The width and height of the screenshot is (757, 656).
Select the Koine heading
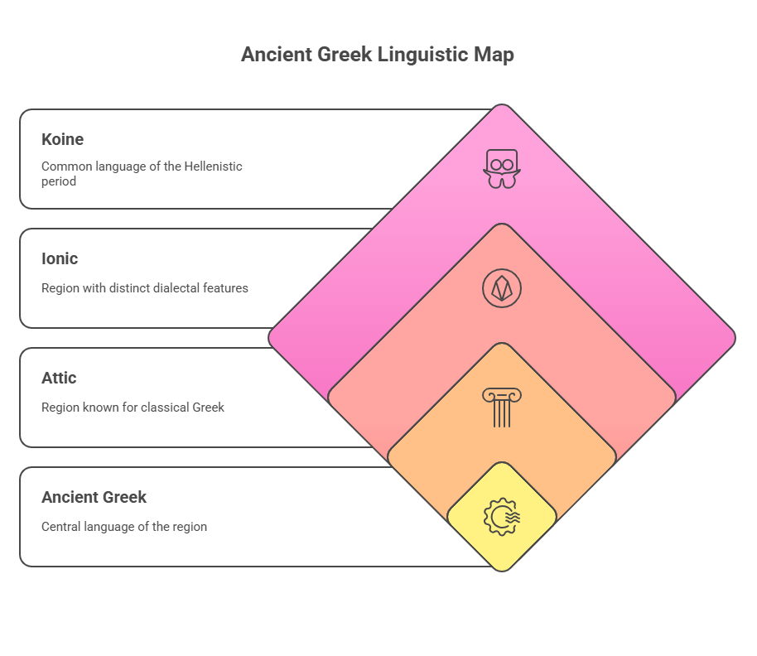point(62,139)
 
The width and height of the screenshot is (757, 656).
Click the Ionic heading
point(60,258)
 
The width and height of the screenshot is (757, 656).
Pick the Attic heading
point(59,378)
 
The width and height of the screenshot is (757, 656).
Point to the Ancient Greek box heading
point(94,497)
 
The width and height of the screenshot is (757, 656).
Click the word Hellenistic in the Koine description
point(213,166)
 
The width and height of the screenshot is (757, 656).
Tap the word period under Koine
point(59,182)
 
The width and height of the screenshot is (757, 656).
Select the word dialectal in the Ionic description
point(176,288)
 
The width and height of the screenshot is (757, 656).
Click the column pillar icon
point(502,408)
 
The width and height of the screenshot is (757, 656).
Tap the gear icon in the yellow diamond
point(502,517)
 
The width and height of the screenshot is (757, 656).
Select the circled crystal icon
point(502,288)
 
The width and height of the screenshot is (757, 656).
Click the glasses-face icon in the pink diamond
point(502,169)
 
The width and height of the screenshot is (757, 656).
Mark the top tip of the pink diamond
point(502,104)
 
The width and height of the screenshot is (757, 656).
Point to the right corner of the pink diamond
point(735,338)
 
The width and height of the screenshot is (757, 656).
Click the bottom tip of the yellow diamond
point(502,572)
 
